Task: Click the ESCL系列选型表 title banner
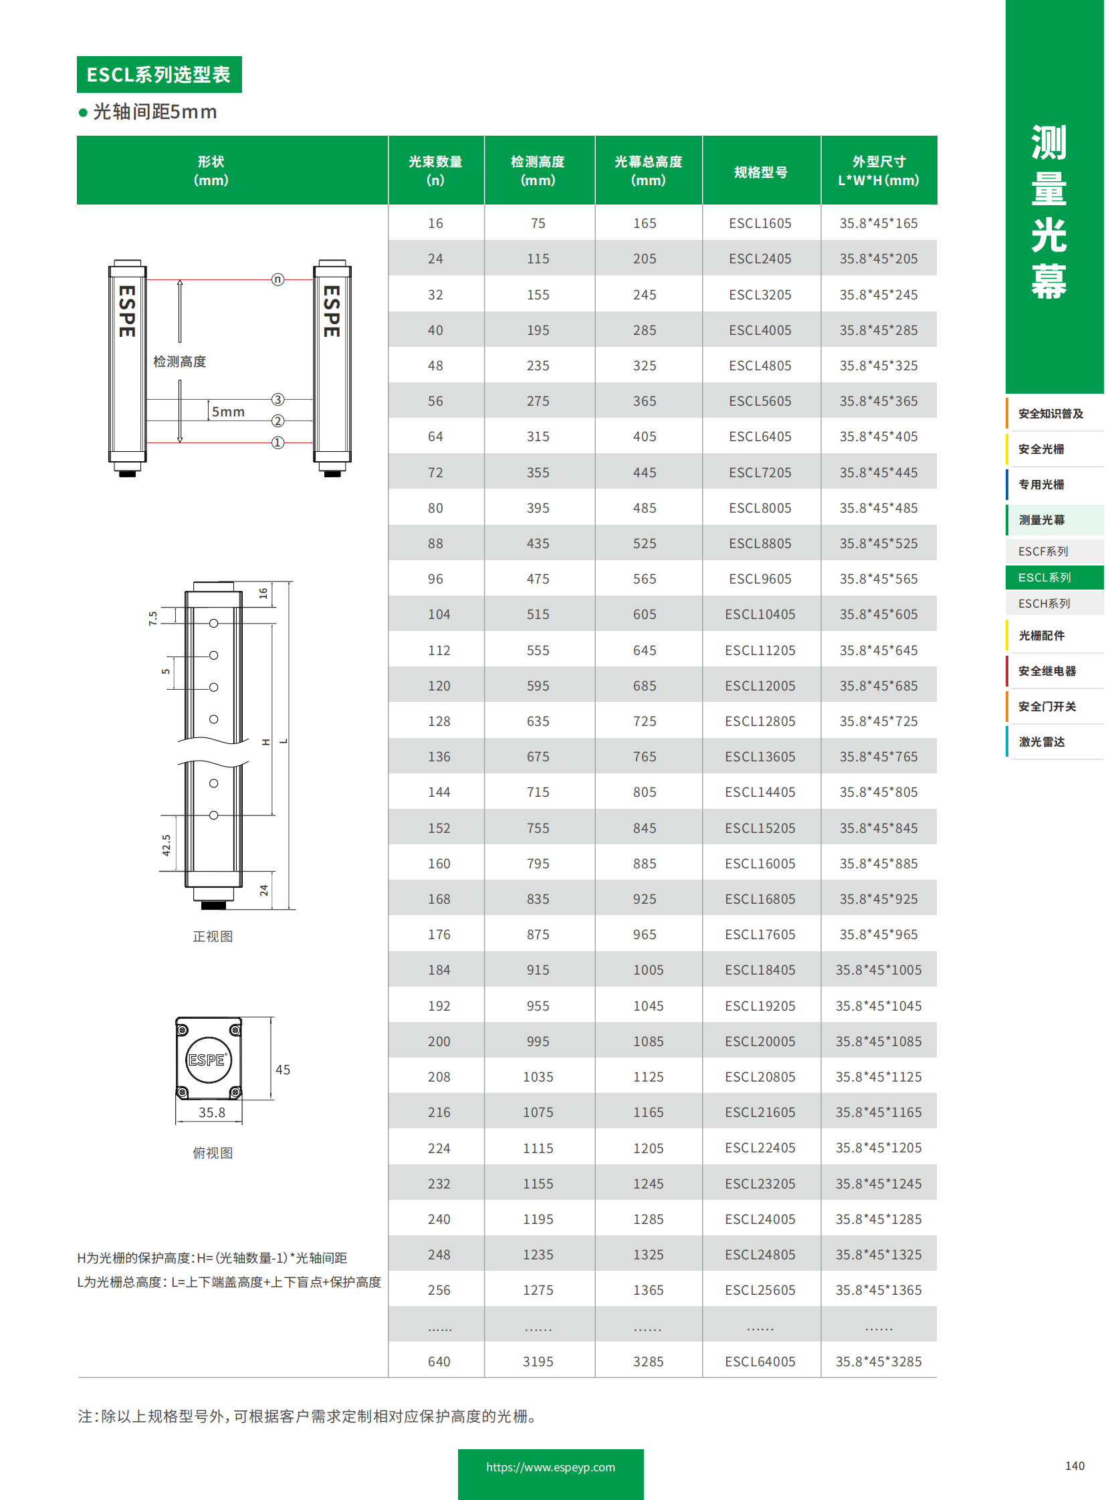tap(159, 74)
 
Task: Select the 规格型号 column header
tap(761, 172)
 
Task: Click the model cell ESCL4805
tap(760, 366)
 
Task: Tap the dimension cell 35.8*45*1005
tap(879, 970)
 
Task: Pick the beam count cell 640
tap(439, 1362)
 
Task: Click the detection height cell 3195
tap(538, 1362)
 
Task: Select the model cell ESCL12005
tap(760, 685)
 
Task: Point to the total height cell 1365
tap(649, 1290)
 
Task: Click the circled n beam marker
tap(278, 279)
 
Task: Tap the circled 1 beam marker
tap(278, 443)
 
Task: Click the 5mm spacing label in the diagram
tap(228, 412)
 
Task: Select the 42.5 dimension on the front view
tap(166, 845)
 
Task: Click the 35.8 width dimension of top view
tap(211, 1112)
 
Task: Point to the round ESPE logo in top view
tap(207, 1059)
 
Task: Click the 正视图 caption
tap(213, 936)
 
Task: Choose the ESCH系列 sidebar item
tap(1044, 603)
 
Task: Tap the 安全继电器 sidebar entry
tap(1048, 670)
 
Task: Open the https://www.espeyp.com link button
tap(551, 1467)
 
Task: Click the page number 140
tap(1075, 1466)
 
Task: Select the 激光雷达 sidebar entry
tap(1042, 741)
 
